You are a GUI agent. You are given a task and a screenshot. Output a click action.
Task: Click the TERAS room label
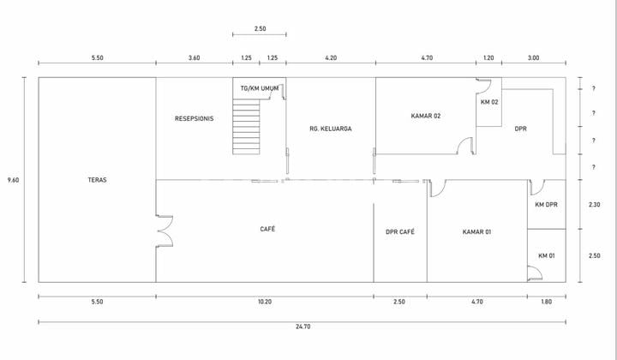[x=97, y=180]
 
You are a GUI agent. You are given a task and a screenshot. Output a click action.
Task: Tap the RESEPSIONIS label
[x=194, y=118]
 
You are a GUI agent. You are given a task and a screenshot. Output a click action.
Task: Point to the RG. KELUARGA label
[x=331, y=129]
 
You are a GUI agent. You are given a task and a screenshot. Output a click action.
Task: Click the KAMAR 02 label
[x=426, y=116]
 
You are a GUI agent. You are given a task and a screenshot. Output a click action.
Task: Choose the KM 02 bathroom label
[x=489, y=103]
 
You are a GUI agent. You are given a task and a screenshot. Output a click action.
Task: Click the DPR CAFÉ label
[x=400, y=231]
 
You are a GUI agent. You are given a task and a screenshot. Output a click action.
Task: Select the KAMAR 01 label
[x=476, y=231]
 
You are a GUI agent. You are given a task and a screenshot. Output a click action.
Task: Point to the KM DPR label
[x=547, y=204]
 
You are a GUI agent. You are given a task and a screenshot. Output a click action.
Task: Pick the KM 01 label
[x=547, y=256]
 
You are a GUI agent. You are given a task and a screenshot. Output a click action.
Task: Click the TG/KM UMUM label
[x=260, y=88]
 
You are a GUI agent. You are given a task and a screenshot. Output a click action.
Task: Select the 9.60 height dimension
[x=14, y=179]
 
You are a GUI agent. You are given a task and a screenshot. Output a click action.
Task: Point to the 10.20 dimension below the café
[x=264, y=302]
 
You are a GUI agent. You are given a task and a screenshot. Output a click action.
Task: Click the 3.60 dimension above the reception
[x=194, y=57]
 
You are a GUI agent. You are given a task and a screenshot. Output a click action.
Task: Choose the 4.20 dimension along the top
[x=331, y=57]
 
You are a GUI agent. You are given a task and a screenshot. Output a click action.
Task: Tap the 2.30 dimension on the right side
[x=593, y=204]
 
